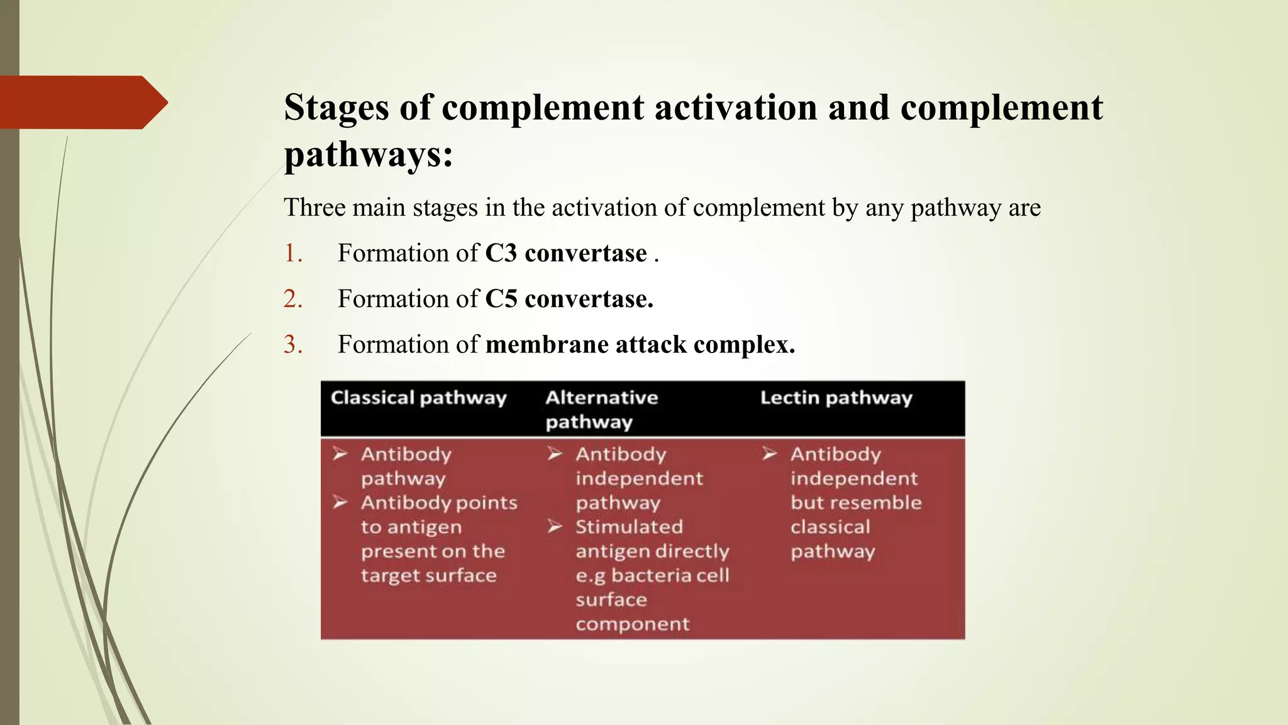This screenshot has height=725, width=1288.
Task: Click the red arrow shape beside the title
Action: (82, 103)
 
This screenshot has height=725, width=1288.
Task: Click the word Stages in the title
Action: (336, 108)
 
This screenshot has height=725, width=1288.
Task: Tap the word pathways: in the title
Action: (368, 154)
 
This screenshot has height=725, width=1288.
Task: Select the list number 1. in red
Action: (293, 253)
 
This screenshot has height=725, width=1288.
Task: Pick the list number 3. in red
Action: (293, 345)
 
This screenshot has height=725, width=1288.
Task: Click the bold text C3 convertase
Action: (565, 253)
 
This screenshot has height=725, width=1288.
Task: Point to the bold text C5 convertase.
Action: (569, 299)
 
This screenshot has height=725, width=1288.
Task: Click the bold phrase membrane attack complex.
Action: (640, 345)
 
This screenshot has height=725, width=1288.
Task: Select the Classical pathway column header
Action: (418, 398)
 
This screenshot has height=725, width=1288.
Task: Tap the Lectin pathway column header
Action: (836, 398)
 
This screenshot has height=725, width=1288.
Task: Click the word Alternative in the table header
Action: (601, 398)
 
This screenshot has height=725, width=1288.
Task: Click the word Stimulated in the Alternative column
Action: (628, 527)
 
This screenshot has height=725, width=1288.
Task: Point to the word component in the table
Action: (632, 624)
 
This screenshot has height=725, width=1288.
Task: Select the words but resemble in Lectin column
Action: (855, 503)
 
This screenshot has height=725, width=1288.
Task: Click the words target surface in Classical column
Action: (428, 576)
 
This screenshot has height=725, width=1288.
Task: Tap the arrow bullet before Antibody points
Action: (340, 502)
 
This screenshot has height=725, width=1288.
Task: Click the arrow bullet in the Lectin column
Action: (770, 454)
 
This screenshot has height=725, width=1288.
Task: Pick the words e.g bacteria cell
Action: (652, 576)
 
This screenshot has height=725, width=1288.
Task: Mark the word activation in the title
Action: (736, 108)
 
